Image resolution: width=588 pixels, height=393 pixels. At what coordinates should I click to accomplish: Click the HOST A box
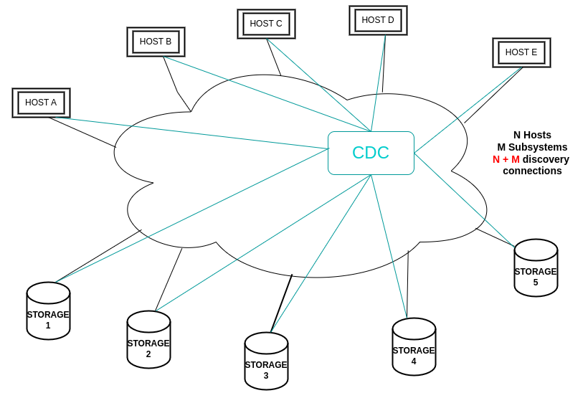click(x=41, y=103)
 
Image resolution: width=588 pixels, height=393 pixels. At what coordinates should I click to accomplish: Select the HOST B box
click(x=156, y=42)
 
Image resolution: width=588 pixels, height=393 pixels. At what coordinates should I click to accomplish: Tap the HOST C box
click(x=266, y=24)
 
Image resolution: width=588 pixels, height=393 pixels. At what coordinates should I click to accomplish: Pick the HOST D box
click(x=378, y=20)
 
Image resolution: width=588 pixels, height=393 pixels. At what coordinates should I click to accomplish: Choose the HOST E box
click(x=521, y=52)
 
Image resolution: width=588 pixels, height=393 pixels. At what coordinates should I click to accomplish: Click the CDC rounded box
click(x=371, y=153)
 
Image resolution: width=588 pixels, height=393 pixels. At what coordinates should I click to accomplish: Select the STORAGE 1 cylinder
click(x=48, y=311)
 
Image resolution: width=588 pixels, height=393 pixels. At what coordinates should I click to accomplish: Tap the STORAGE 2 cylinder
click(x=148, y=340)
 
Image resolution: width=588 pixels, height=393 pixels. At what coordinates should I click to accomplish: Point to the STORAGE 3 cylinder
click(x=266, y=361)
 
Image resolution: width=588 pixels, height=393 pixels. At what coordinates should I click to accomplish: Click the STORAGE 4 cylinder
click(x=414, y=347)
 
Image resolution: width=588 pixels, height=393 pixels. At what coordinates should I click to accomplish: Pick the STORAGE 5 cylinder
click(x=536, y=268)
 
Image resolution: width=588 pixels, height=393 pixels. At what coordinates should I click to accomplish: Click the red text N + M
click(x=506, y=159)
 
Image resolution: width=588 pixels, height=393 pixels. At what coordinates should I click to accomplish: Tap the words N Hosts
click(x=532, y=135)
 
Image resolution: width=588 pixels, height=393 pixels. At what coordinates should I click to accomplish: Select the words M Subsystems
click(x=532, y=147)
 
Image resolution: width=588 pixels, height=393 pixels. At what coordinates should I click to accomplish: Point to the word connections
click(x=532, y=171)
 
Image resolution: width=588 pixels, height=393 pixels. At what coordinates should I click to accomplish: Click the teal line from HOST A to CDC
click(x=194, y=133)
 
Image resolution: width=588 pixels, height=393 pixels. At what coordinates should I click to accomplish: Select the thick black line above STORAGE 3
click(x=282, y=303)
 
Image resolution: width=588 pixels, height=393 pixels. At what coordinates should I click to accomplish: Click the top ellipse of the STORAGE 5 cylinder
click(x=536, y=250)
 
